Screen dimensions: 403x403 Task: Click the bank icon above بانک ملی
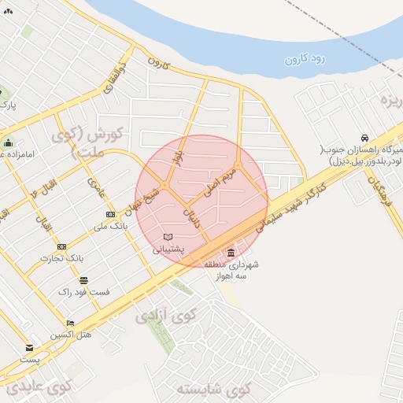[110, 214]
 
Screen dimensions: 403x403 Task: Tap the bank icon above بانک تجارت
[61, 246]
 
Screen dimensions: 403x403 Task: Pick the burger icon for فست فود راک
[83, 280]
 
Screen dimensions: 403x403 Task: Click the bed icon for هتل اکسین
[71, 323]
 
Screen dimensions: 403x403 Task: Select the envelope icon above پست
[30, 348]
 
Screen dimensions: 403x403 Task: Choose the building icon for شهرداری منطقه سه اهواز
[230, 253]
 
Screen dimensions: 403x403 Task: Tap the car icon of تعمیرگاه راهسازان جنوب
[364, 138]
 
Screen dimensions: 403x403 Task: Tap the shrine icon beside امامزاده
[8, 142]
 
